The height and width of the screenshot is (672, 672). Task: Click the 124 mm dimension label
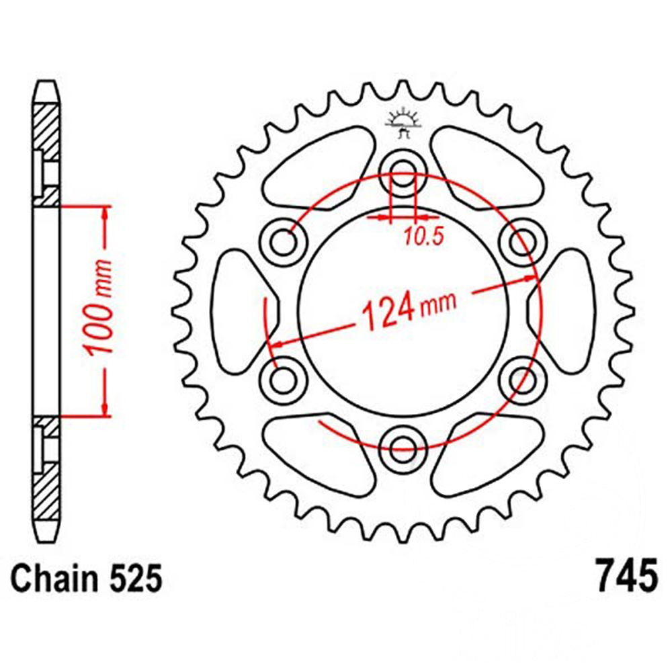(x=407, y=310)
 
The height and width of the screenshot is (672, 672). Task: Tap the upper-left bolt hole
(x=285, y=240)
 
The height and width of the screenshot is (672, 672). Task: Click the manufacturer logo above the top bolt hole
(x=403, y=124)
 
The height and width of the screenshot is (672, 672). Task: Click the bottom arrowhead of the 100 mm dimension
(x=105, y=409)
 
